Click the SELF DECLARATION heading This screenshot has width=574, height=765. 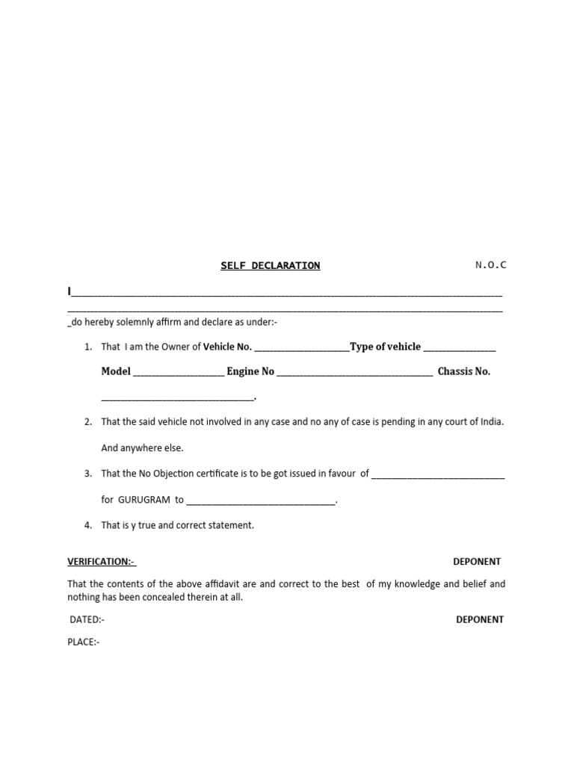(270, 265)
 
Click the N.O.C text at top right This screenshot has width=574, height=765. (490, 264)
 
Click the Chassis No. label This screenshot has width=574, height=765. (464, 371)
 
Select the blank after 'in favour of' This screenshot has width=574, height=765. (437, 474)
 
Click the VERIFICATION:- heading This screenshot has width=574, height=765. (102, 562)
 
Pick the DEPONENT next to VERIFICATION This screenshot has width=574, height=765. (477, 562)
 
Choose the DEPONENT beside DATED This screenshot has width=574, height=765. (480, 619)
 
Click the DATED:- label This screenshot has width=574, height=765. (87, 619)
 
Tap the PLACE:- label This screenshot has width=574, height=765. (84, 642)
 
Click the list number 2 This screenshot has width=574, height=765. (87, 422)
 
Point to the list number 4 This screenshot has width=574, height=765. (87, 525)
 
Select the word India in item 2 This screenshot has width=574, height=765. (490, 421)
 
